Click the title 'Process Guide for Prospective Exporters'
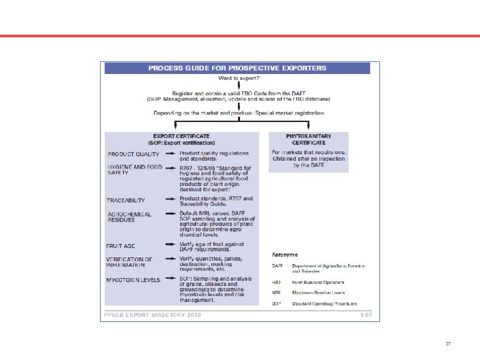point(237,68)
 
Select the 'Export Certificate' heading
point(182,139)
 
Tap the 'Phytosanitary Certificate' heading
point(308,139)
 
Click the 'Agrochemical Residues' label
point(129,217)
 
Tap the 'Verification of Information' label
point(130,262)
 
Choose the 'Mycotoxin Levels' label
point(133,280)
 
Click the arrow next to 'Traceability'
point(171,199)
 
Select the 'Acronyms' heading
point(285,254)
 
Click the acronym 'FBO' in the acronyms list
point(277,282)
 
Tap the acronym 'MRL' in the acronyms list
point(277,293)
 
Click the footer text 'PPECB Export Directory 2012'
point(143,313)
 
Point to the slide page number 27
point(448,344)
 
